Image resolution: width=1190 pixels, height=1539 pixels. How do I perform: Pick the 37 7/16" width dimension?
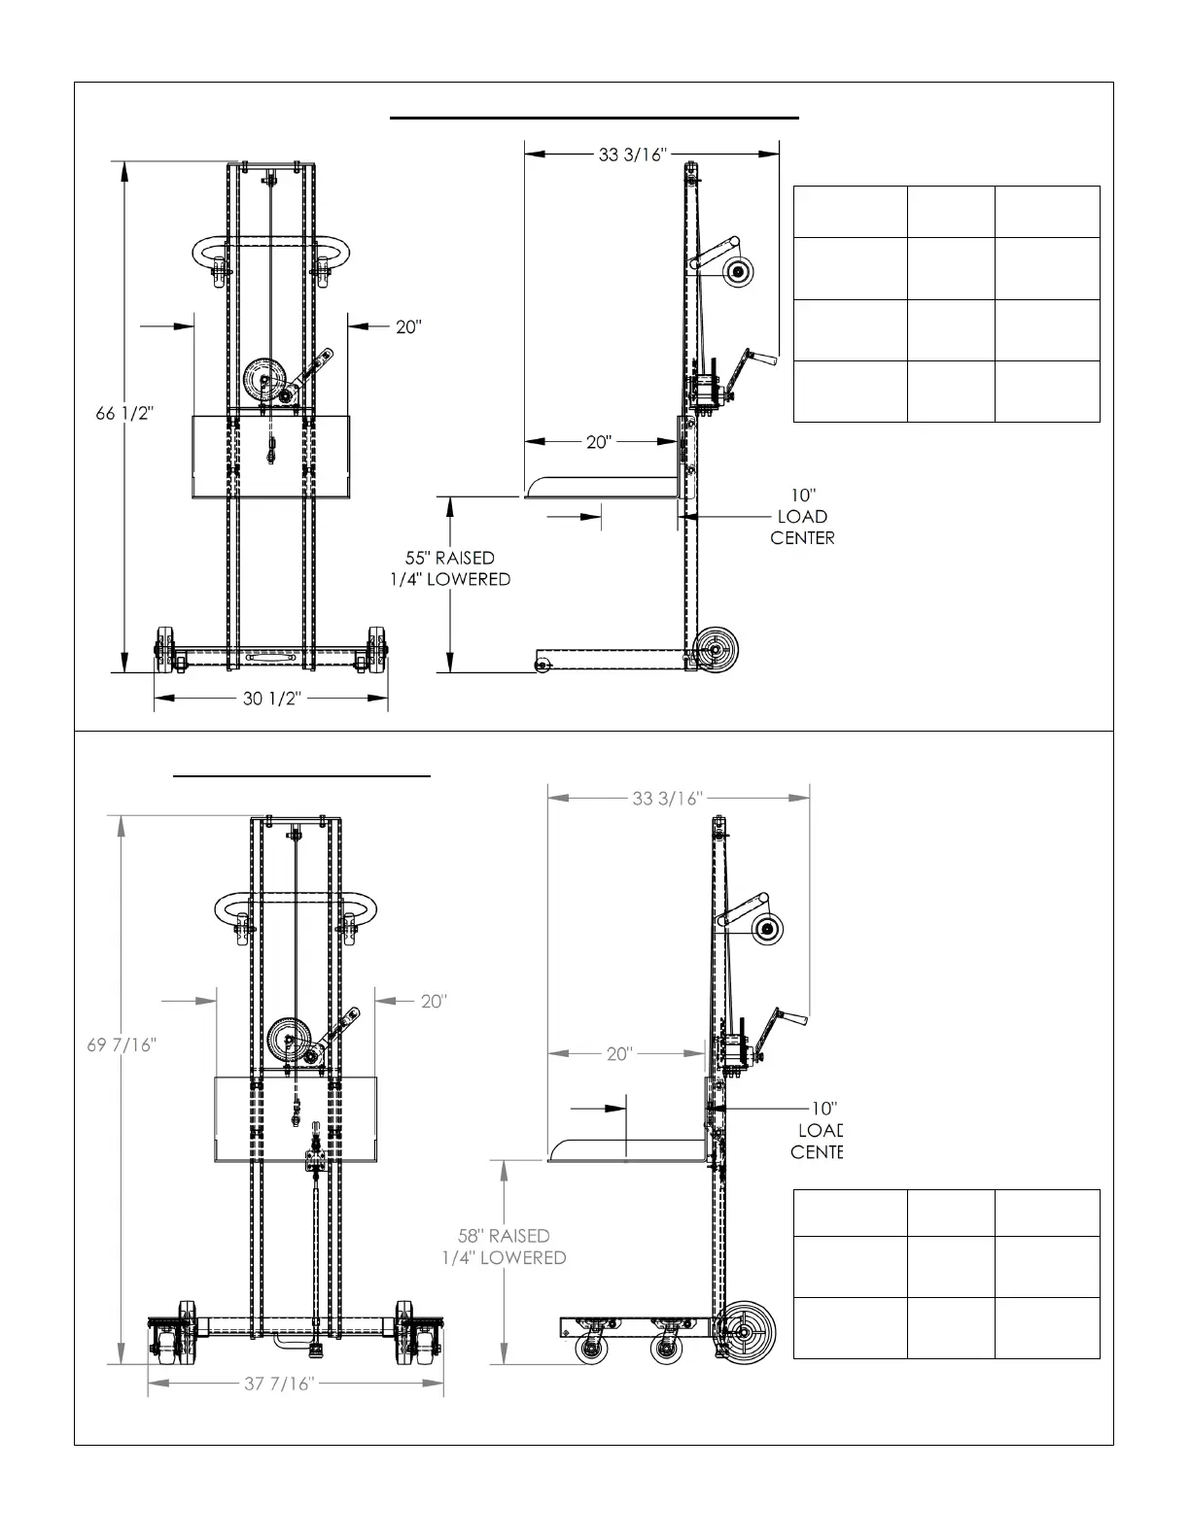[278, 1384]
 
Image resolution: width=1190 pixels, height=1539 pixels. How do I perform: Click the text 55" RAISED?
[449, 558]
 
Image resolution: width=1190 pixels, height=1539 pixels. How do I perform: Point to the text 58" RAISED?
[504, 1236]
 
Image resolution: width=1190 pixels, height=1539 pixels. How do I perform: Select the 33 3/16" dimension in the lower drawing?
[667, 799]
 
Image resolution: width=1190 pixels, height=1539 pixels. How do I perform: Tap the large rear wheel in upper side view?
[718, 648]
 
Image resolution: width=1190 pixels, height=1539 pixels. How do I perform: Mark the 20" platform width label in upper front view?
[408, 327]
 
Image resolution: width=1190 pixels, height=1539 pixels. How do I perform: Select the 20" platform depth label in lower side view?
[619, 1054]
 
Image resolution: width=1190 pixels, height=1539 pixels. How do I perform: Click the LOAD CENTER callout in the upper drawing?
[802, 517]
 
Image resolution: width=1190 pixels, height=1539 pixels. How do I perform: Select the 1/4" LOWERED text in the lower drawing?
[504, 1257]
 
